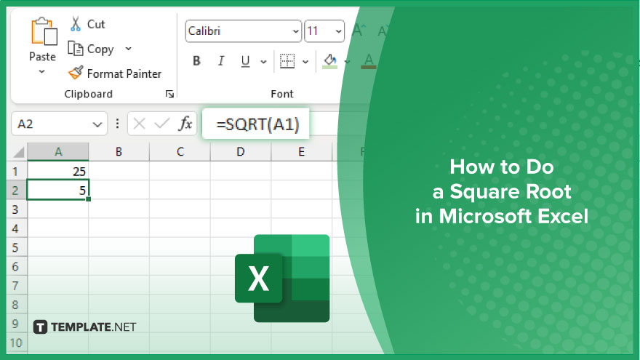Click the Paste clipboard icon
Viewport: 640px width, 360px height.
44,31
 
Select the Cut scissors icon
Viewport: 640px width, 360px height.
76,24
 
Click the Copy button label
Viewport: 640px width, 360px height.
100,49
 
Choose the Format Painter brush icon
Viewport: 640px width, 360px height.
76,73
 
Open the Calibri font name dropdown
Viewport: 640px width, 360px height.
243,31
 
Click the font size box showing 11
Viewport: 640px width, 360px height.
324,31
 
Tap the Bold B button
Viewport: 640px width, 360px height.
196,61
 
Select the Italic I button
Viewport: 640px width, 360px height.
221,61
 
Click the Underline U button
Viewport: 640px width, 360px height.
245,62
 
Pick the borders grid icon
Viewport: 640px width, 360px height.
287,61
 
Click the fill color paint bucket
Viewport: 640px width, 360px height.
329,61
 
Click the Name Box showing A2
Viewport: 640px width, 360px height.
59,124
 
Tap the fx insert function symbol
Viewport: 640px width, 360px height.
185,123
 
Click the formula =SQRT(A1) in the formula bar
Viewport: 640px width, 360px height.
257,124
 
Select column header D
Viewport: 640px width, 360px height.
241,152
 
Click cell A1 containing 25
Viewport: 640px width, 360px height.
58,171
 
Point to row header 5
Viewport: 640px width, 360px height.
15,247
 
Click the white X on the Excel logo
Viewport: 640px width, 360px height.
258,279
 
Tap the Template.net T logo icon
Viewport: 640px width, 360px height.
40,327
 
